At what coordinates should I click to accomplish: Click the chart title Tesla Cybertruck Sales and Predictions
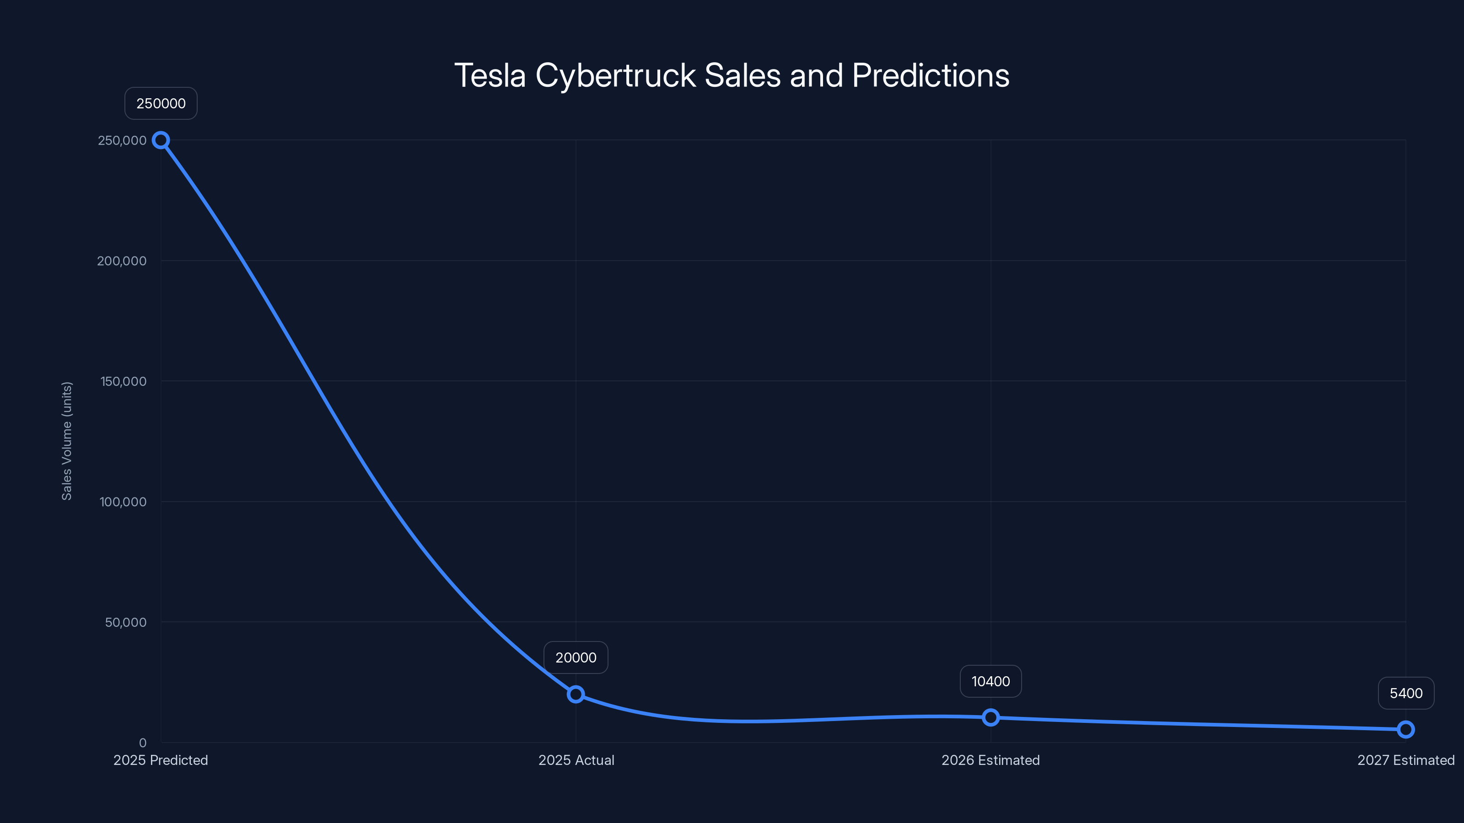(x=732, y=75)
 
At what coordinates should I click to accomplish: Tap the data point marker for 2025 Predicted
(x=161, y=140)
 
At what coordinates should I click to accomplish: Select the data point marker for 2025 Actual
(x=576, y=694)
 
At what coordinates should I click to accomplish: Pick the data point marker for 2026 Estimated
(x=990, y=717)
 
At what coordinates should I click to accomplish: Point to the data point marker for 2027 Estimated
(x=1405, y=729)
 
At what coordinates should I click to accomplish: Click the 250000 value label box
(x=161, y=103)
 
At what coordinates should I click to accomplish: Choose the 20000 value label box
(x=576, y=658)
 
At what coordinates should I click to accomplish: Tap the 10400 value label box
(x=990, y=682)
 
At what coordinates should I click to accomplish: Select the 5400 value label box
(x=1406, y=694)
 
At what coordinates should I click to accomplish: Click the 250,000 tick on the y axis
(x=122, y=140)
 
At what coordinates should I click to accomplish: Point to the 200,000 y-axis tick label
(x=122, y=261)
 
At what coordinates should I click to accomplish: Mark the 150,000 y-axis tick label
(x=124, y=381)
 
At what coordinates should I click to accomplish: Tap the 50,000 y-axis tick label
(x=126, y=622)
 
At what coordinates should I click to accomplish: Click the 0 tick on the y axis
(x=143, y=743)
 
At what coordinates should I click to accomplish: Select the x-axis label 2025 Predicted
(x=161, y=760)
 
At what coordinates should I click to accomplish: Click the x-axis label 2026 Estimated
(x=990, y=760)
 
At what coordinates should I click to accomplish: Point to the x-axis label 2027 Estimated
(x=1405, y=760)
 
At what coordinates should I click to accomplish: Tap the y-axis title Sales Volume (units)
(x=67, y=441)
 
